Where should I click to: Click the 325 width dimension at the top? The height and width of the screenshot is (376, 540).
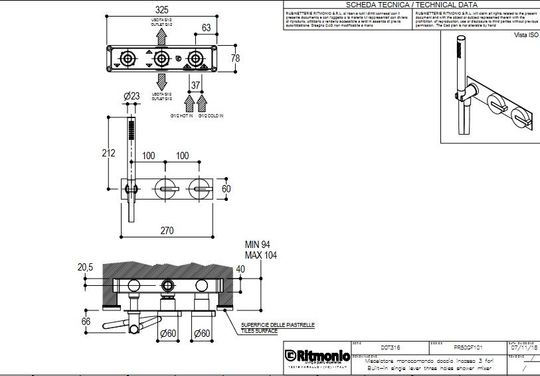click(161, 11)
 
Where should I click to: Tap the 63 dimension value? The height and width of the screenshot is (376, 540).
click(206, 28)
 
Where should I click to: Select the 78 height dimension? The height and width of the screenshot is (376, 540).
click(235, 58)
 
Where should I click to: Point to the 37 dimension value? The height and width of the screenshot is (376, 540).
click(196, 86)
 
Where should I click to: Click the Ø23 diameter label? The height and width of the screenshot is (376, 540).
click(132, 97)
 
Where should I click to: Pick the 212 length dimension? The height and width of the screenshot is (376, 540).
click(109, 154)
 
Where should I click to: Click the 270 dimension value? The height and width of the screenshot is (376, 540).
click(166, 231)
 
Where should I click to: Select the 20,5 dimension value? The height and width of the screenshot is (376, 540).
click(85, 267)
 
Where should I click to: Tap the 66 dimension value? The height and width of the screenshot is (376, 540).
click(86, 322)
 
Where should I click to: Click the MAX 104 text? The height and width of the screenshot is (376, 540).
click(261, 255)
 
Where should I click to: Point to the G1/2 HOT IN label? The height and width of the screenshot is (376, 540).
click(181, 116)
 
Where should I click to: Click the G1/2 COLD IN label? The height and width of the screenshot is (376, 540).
click(211, 116)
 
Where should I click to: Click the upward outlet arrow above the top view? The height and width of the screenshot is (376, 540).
click(161, 36)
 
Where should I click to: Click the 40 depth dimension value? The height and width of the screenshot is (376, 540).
click(240, 269)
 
